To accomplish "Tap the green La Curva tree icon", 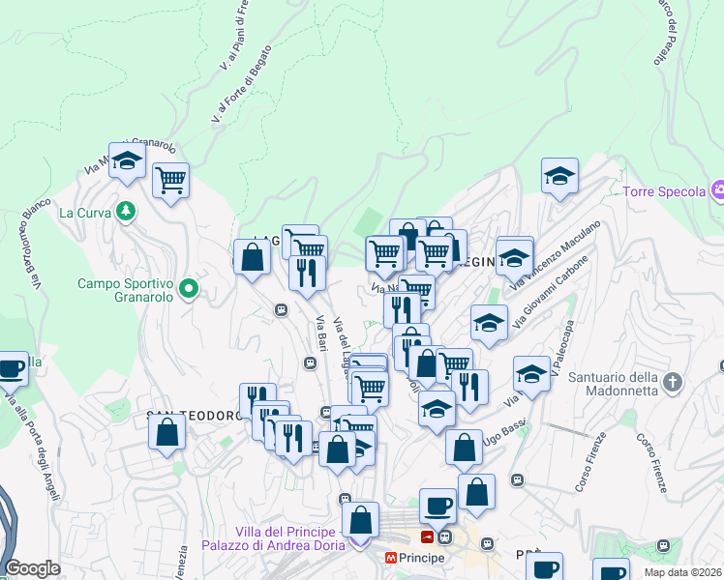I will [125, 210].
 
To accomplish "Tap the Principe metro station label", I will [422, 558].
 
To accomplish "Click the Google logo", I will [32, 568].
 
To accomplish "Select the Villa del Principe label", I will [286, 533].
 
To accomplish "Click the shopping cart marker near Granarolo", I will [170, 180].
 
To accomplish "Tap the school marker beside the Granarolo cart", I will [127, 163].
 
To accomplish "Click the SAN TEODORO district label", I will [192, 416].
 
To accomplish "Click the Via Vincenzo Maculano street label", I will [557, 254].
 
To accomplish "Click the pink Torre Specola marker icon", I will [717, 189].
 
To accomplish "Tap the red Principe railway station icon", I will [428, 536].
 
